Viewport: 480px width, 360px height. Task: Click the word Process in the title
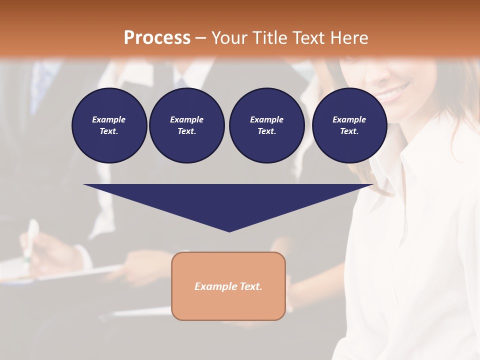point(157,38)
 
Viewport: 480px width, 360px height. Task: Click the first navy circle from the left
point(109,125)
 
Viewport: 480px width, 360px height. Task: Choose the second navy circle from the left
point(186,125)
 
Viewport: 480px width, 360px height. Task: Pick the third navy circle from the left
point(266,125)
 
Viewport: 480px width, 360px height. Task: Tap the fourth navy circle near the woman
point(349,125)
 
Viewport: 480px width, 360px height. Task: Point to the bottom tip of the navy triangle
point(229,230)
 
